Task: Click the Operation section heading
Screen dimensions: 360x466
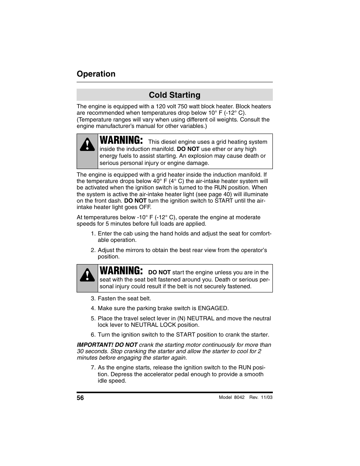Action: [96, 74]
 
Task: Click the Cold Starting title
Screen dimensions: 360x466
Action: [174, 95]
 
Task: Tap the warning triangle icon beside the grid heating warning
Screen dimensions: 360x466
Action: [87, 145]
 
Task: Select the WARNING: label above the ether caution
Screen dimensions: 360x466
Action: [121, 140]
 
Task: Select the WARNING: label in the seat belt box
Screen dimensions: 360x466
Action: [121, 271]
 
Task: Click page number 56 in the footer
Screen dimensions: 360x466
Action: [80, 398]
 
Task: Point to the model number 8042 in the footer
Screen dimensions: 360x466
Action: [239, 397]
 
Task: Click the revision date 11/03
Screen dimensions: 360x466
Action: [266, 397]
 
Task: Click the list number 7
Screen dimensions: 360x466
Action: [92, 368]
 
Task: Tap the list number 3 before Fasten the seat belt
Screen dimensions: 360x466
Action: [92, 298]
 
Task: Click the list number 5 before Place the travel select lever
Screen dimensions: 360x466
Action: [92, 318]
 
